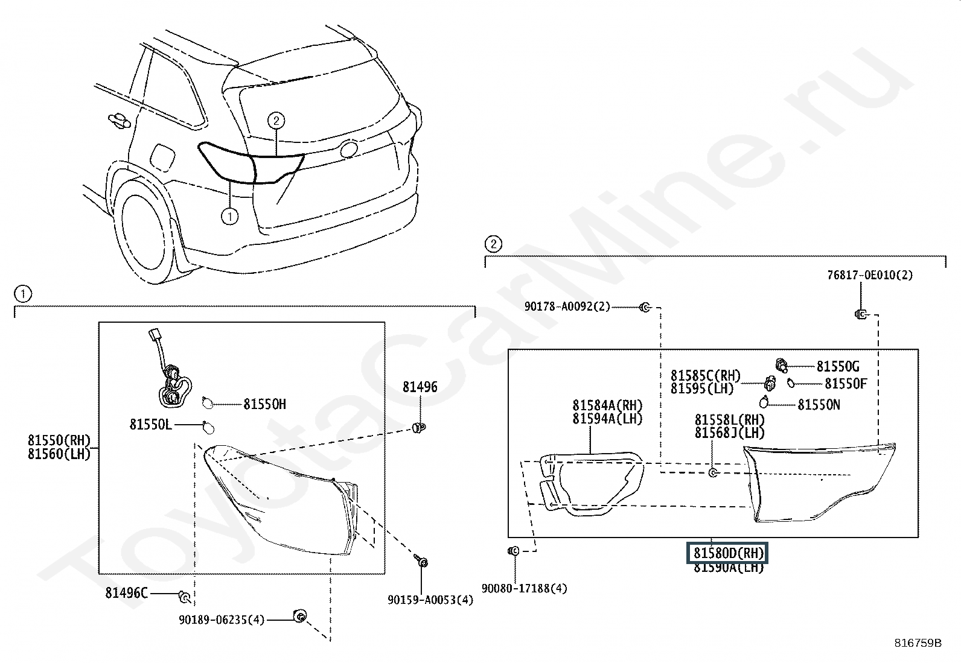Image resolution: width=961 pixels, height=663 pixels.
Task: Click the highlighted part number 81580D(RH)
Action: pos(729,553)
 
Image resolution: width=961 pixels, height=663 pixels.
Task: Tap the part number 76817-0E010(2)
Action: pos(870,275)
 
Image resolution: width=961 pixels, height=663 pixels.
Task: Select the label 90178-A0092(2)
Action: pos(567,306)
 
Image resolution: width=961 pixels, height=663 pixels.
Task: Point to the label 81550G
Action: pos(838,366)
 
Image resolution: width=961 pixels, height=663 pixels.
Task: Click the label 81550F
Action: pos(846,384)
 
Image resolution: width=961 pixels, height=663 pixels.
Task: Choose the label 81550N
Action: pos(819,405)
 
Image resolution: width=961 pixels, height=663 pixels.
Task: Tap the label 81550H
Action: pos(264,404)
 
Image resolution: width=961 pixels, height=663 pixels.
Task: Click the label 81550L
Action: pos(150,425)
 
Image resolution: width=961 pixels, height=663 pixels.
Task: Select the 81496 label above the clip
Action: pos(420,387)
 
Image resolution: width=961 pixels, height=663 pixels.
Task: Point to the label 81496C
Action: pos(126,593)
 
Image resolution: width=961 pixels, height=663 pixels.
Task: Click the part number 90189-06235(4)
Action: pos(222,620)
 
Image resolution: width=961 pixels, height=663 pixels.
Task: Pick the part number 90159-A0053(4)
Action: pos(430,600)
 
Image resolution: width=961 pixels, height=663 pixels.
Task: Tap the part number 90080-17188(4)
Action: pos(524,588)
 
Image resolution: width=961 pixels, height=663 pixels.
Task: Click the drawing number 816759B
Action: pos(918,643)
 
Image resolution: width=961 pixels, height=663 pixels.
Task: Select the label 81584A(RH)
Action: pos(607,405)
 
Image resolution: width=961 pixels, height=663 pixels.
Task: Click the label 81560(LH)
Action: pos(59,454)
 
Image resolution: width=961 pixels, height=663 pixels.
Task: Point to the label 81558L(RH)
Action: pos(729,420)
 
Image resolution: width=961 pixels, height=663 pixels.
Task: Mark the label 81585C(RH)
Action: pos(705,376)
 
